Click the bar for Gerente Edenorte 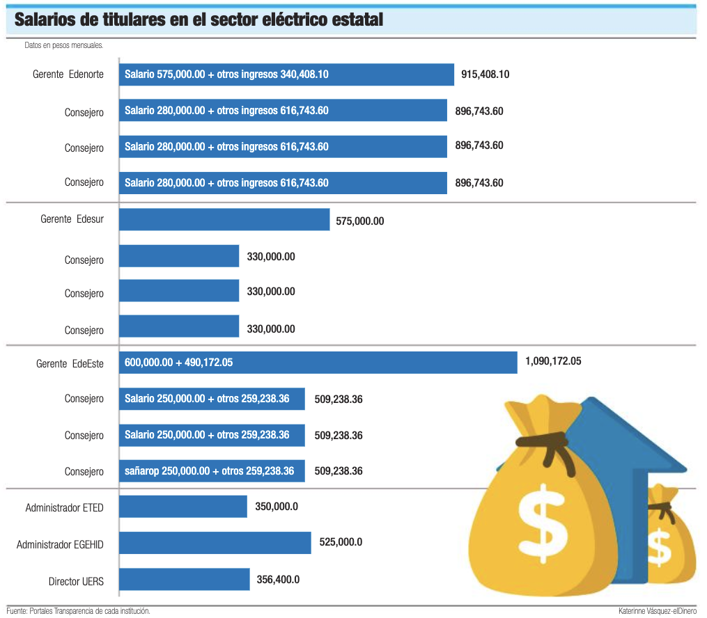tap(286, 74)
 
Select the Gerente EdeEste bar tap(318, 363)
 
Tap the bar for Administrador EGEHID tap(215, 543)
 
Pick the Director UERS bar tap(184, 579)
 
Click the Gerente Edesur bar tap(224, 219)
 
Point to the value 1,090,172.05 tap(552, 361)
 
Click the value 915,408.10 tap(485, 74)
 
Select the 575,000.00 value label tap(359, 221)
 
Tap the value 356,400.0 tap(277, 579)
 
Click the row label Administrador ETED tap(64, 508)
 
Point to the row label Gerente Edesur tap(72, 219)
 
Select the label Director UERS tap(76, 581)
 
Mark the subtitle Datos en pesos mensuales tap(63, 45)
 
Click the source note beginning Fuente tap(78, 611)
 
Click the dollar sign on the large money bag tap(544, 518)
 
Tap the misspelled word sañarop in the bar tap(141, 471)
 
